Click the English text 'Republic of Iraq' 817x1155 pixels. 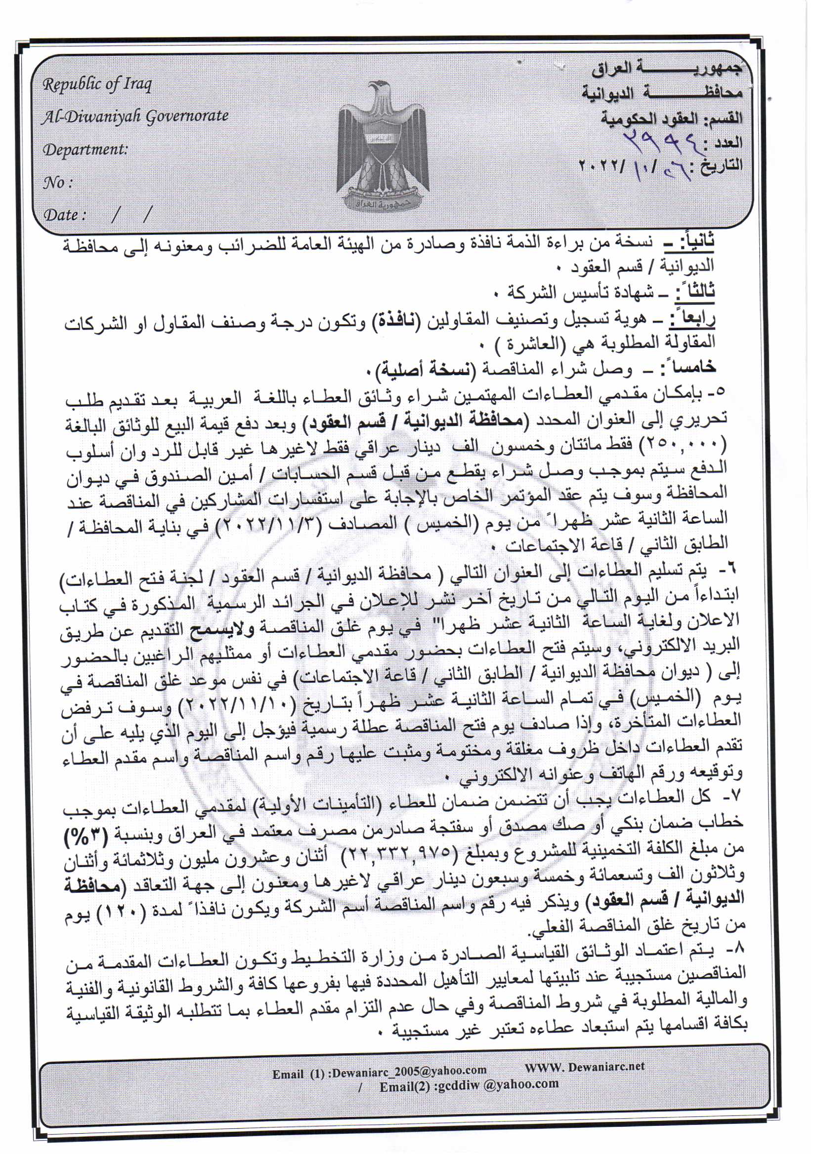[97, 84]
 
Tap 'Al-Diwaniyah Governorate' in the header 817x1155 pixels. [135, 116]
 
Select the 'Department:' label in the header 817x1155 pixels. [85, 149]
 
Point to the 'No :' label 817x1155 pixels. [58, 182]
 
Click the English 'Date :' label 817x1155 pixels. [64, 215]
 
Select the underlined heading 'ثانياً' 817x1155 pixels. [697, 243]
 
